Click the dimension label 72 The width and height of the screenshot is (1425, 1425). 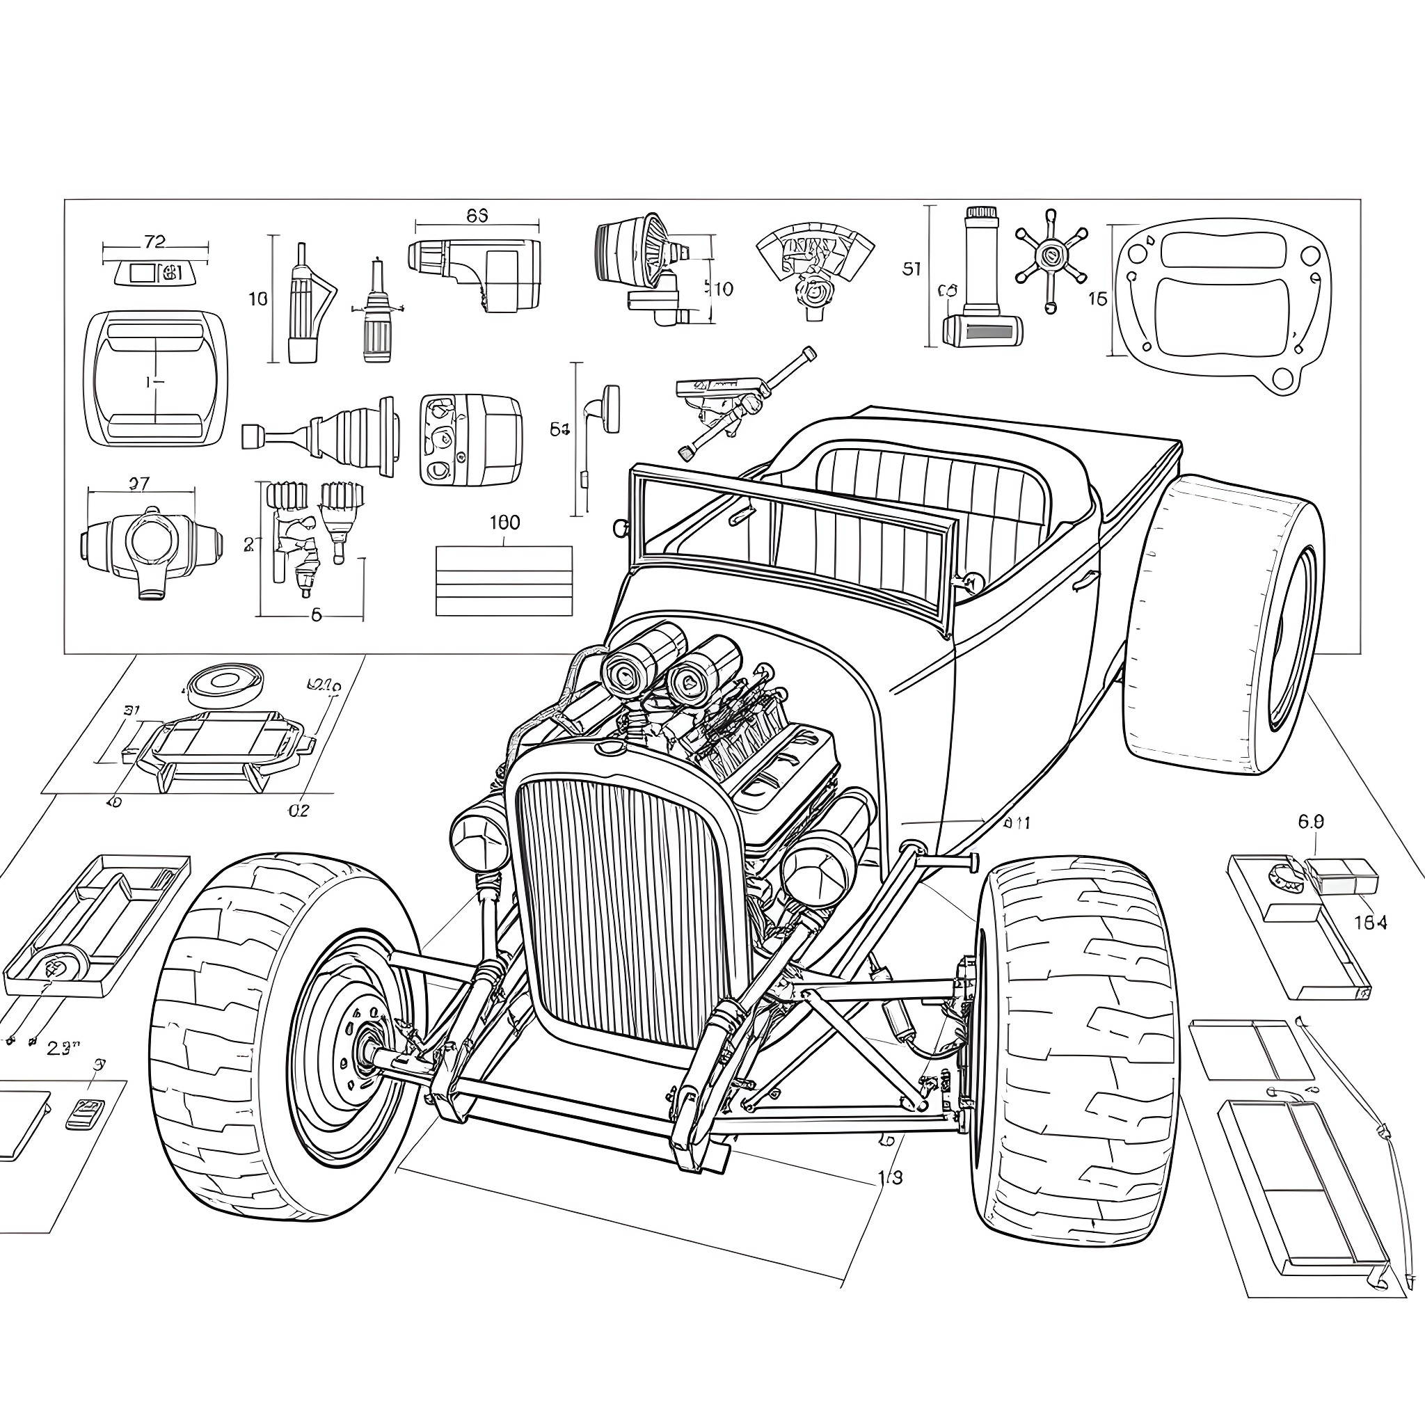[x=154, y=241]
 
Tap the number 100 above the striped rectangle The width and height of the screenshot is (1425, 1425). [x=504, y=523]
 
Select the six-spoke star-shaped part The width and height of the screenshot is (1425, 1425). [x=1049, y=257]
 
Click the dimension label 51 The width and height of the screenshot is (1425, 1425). [x=911, y=269]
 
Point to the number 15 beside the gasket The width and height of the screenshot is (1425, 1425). [x=1097, y=298]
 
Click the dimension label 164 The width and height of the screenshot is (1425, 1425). [x=1371, y=923]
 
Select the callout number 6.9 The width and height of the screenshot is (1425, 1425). [x=1311, y=822]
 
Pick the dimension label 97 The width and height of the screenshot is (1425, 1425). [x=138, y=484]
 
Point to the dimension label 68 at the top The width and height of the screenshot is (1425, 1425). [x=477, y=216]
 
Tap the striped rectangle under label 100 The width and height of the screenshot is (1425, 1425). [x=504, y=580]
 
